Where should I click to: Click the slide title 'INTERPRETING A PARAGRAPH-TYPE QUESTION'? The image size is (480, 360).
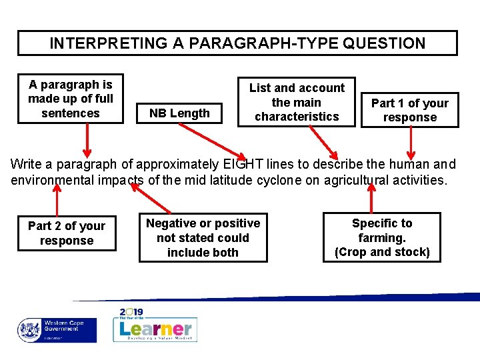point(237,43)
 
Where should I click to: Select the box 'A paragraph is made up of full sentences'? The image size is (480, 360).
point(71,99)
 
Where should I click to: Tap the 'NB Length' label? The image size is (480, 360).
point(179,113)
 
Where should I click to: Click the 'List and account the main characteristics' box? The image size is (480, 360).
point(297,102)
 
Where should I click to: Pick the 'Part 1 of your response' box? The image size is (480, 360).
point(409,110)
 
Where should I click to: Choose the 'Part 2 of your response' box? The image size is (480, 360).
point(67,233)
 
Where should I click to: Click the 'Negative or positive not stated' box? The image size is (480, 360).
point(203,238)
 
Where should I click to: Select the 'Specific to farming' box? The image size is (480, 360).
point(382,238)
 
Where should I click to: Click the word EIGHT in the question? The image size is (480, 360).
point(243,164)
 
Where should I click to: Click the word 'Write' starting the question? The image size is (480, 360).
point(26,164)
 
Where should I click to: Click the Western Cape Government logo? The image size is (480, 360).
point(57,329)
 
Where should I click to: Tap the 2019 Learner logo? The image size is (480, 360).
point(155,325)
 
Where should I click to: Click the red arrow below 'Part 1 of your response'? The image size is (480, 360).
point(411,141)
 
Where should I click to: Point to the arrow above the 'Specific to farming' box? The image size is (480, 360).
point(371,197)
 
